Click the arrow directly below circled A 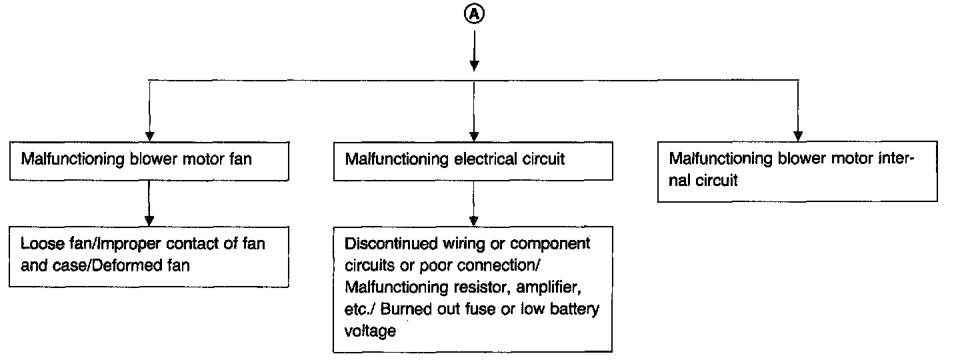(x=473, y=51)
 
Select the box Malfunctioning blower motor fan (x=149, y=160)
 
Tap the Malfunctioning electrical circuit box (x=473, y=160)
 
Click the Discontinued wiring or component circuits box (x=473, y=287)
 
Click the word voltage (x=370, y=331)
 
